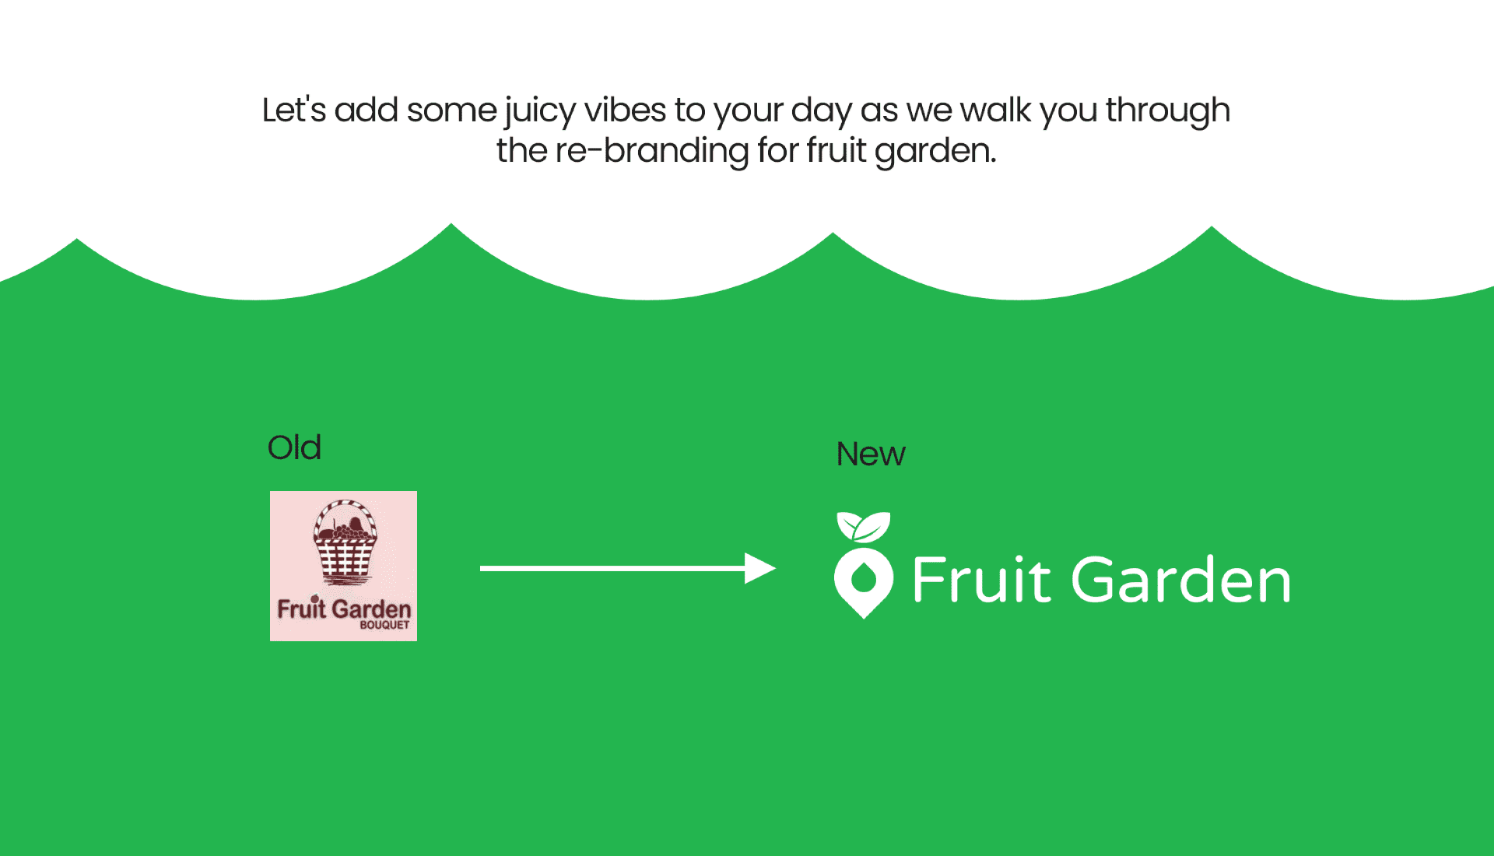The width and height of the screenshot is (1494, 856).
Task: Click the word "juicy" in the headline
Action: click(x=540, y=111)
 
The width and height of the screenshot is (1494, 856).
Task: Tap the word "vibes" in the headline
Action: click(x=625, y=110)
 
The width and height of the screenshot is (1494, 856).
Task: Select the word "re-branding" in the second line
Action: click(x=651, y=150)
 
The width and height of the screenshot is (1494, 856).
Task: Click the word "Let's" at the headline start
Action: click(x=293, y=110)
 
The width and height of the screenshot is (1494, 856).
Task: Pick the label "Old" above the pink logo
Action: click(x=294, y=447)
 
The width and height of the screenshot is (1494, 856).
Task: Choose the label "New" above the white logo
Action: click(x=871, y=454)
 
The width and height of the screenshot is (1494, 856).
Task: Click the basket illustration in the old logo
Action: click(x=345, y=542)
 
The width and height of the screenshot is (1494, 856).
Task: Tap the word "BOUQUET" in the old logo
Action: click(x=384, y=625)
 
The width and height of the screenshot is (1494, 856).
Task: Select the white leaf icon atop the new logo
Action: click(x=863, y=527)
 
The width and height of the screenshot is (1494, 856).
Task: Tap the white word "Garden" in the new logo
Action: click(x=1181, y=580)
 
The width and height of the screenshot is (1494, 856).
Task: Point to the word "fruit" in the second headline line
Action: click(x=836, y=149)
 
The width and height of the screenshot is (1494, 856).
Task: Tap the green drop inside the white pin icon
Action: click(x=863, y=578)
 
